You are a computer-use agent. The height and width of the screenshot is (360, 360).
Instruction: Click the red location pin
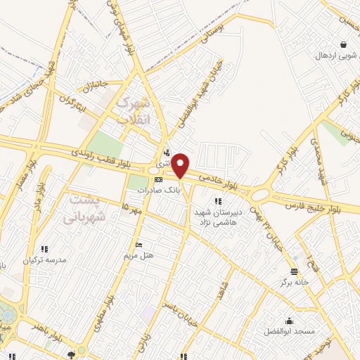click(x=181, y=165)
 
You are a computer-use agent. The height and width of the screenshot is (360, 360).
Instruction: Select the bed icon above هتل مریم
click(x=139, y=244)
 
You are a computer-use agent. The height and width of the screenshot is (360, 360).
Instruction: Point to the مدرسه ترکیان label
click(x=44, y=259)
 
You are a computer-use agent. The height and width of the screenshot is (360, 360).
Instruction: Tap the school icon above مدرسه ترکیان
click(x=44, y=248)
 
